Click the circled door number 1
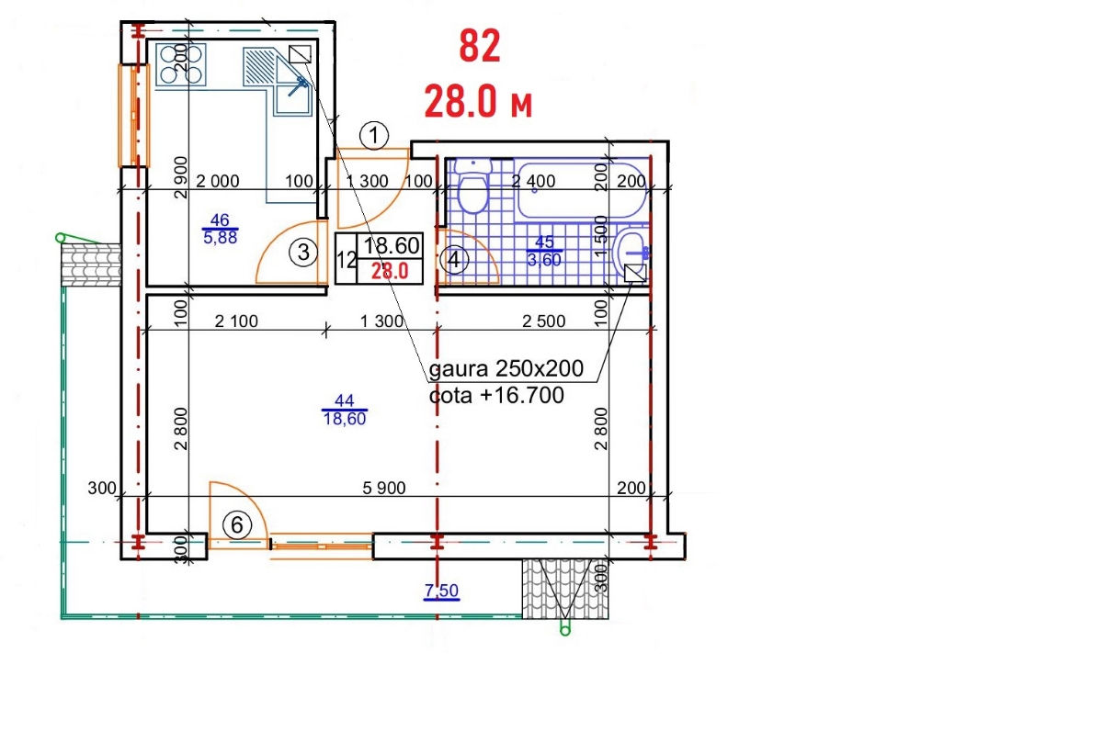[x=374, y=135]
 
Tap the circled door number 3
[x=303, y=253]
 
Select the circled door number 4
[x=454, y=259]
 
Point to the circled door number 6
[x=237, y=525]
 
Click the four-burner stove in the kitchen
[x=181, y=64]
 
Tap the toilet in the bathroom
[x=473, y=186]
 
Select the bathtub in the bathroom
[x=581, y=190]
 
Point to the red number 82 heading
[x=480, y=46]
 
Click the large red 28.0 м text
[x=478, y=101]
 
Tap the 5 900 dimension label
[x=384, y=488]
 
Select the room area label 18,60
[x=344, y=419]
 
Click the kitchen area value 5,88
[x=220, y=238]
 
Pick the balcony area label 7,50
[x=441, y=590]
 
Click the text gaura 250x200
[x=506, y=368]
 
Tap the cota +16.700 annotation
[x=496, y=395]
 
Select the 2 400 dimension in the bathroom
[x=533, y=181]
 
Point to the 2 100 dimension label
[x=236, y=321]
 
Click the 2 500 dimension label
[x=543, y=321]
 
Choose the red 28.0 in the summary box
[x=390, y=271]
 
